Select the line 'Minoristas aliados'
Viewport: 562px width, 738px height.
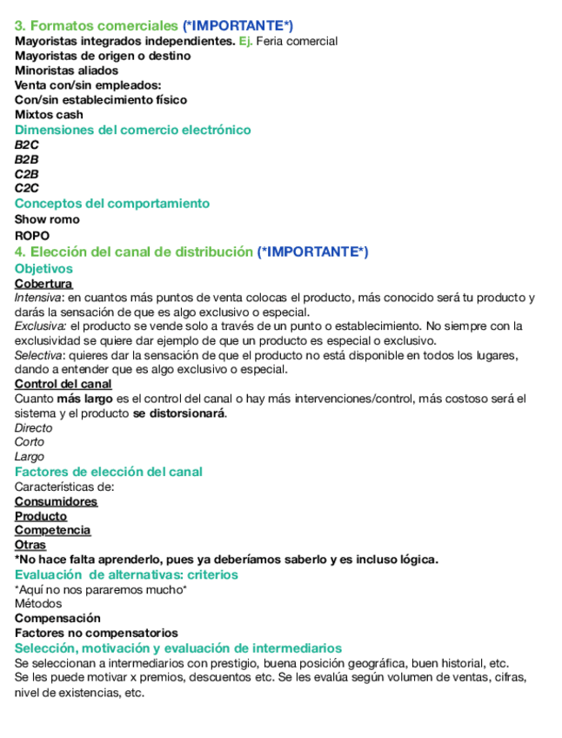point(66,70)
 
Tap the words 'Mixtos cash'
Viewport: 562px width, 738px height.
point(49,115)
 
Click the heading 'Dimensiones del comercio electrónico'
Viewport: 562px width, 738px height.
point(132,130)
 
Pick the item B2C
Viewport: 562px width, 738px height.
point(27,145)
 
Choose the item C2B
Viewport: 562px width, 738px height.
point(27,174)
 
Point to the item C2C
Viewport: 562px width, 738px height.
point(27,188)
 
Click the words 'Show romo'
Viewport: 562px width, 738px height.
point(47,219)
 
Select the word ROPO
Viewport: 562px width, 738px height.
point(32,236)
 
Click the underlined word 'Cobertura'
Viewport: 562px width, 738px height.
point(43,284)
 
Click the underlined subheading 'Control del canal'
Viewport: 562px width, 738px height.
point(63,384)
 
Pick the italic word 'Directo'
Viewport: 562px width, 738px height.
point(33,428)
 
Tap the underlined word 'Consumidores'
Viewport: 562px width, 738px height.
point(56,501)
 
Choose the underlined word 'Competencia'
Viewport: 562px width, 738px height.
point(52,530)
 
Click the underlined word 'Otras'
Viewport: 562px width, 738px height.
point(30,545)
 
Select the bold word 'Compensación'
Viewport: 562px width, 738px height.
point(57,618)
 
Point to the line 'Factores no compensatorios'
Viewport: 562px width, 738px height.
point(96,633)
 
